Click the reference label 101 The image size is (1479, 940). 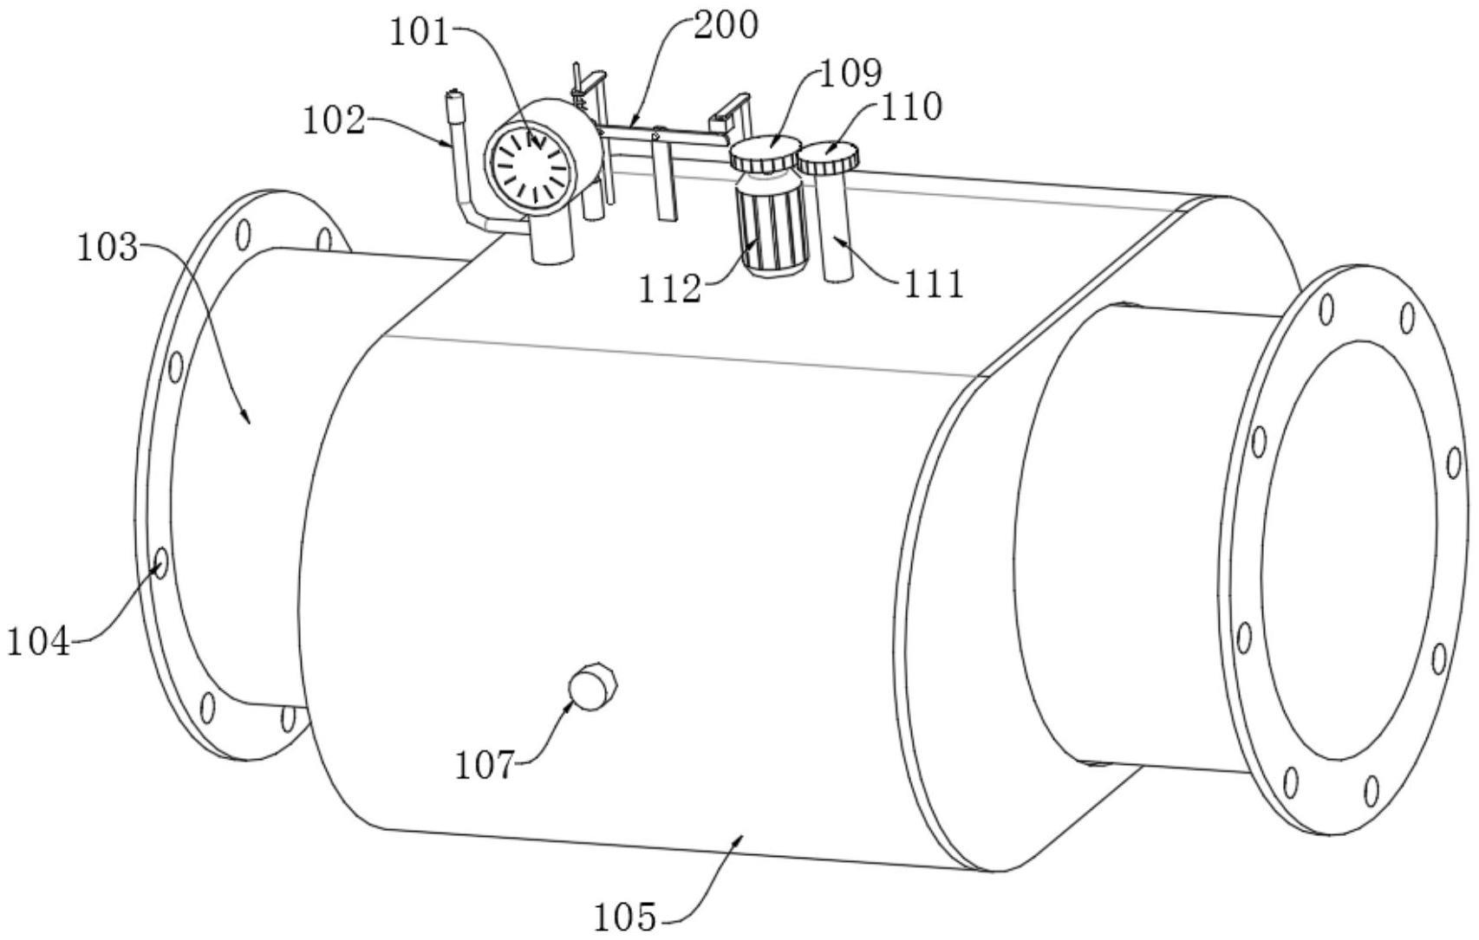click(419, 33)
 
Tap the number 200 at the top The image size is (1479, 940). click(726, 25)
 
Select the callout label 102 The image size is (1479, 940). click(333, 120)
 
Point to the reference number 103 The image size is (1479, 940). click(108, 249)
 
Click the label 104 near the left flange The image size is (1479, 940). click(38, 643)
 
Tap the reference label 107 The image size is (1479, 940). click(485, 766)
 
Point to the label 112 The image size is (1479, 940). click(669, 289)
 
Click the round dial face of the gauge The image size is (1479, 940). click(530, 165)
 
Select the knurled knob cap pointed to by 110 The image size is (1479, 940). click(828, 157)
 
